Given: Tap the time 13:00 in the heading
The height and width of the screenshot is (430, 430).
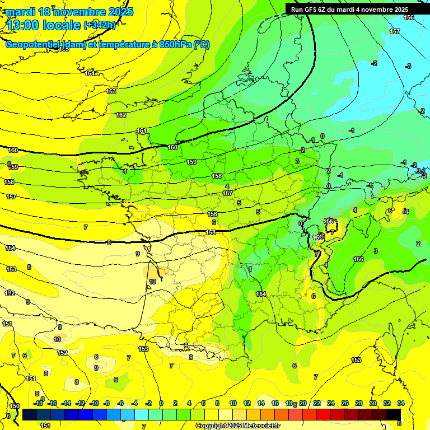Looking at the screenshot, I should tap(24, 25).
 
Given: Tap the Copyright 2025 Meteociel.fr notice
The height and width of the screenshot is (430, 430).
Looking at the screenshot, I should tap(237, 426).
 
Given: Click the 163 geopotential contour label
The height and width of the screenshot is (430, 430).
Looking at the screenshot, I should tap(111, 91).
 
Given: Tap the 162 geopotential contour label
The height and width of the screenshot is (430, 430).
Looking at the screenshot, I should tap(121, 115).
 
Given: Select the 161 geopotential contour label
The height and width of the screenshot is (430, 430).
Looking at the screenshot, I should tap(142, 131).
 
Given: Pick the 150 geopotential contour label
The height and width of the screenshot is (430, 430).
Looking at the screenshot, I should tap(15, 406).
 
